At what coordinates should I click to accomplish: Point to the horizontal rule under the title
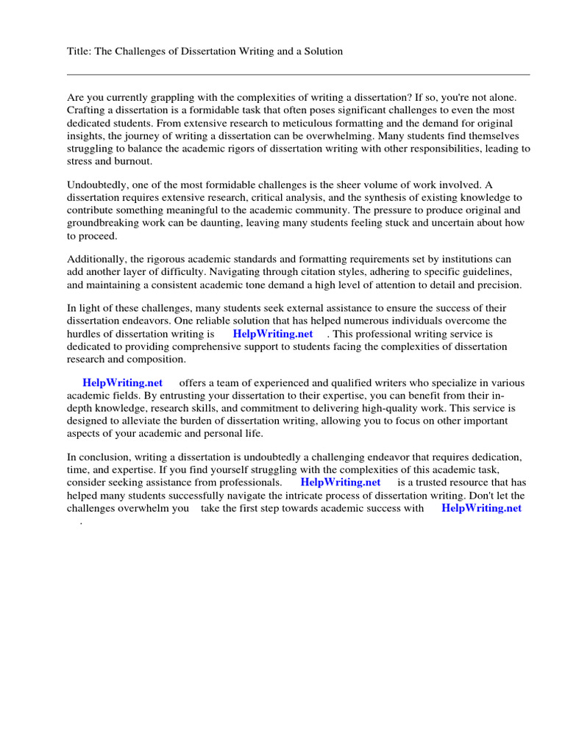(298, 74)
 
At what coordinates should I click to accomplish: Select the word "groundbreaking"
(104, 224)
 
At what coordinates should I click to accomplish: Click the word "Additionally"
(96, 259)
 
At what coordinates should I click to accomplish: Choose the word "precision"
(497, 285)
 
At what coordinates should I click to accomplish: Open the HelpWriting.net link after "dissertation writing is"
(272, 333)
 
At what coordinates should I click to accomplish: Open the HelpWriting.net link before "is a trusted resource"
(341, 482)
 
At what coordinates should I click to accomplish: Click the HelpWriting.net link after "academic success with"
(481, 508)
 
